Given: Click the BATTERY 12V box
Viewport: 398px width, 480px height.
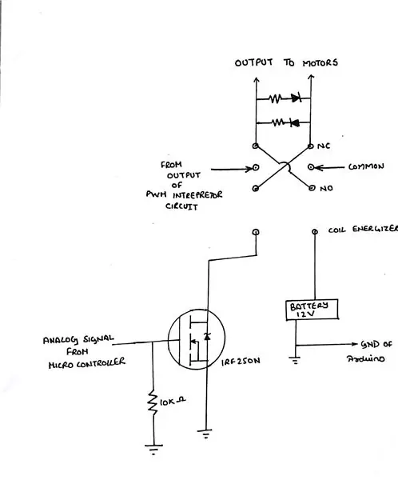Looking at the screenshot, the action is pyautogui.click(x=312, y=310).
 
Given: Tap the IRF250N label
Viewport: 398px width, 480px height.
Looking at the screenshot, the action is pyautogui.click(x=241, y=362).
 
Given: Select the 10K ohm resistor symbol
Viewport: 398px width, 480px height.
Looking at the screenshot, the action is pyautogui.click(x=153, y=402).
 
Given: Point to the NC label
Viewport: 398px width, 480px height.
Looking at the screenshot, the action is pyautogui.click(x=324, y=146).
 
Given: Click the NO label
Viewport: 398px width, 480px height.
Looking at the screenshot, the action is pyautogui.click(x=326, y=188).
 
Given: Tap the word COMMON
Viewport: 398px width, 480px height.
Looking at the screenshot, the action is pyautogui.click(x=366, y=166).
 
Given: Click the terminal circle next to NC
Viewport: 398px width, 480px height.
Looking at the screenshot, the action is pyautogui.click(x=311, y=146).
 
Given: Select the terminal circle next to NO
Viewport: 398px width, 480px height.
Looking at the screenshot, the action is pyautogui.click(x=312, y=188).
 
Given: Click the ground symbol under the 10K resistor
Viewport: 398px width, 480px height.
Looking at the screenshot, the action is pyautogui.click(x=153, y=449).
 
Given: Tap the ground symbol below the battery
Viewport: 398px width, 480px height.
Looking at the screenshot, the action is pyautogui.click(x=295, y=361).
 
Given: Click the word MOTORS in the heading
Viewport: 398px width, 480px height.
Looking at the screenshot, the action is pyautogui.click(x=320, y=63).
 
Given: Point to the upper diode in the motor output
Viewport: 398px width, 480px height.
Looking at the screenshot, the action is pyautogui.click(x=297, y=98).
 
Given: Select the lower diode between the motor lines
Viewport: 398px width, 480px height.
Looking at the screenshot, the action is pyautogui.click(x=295, y=122).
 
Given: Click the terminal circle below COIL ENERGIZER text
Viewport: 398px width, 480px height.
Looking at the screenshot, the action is pyautogui.click(x=315, y=232).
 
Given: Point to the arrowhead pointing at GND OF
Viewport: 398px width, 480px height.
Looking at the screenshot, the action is pyautogui.click(x=355, y=344).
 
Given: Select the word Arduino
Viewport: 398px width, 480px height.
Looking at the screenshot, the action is pyautogui.click(x=365, y=358).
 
